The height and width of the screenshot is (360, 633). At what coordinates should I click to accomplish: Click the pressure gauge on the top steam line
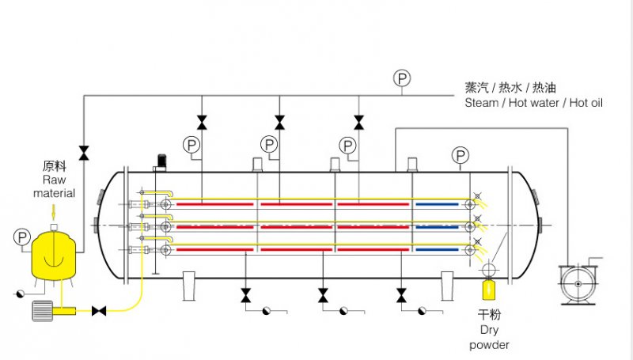pos(402,78)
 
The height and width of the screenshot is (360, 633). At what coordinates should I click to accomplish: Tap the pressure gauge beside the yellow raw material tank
pos(21,237)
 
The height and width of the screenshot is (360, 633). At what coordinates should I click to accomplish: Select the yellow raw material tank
pos(52,256)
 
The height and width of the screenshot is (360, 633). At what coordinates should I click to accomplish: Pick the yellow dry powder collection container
pos(489,290)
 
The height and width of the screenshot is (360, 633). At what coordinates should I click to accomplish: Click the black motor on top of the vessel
pos(161,161)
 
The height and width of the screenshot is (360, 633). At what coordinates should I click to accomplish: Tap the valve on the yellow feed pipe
pos(100,311)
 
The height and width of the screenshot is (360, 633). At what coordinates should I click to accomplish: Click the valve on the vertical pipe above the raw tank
pos(84,151)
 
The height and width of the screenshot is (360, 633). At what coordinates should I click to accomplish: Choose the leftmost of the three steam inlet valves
pos(202,122)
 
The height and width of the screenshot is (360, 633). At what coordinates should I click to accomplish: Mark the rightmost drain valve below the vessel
pos(402,295)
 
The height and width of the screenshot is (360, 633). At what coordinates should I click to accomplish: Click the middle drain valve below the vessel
pos(323,295)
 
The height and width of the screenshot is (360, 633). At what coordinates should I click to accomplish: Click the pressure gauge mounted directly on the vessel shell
pos(460,154)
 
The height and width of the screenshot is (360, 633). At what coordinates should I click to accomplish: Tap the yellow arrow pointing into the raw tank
pos(53,212)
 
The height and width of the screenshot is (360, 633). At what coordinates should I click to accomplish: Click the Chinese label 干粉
pos(489,316)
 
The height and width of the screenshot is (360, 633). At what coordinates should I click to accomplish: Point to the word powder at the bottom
pos(489,345)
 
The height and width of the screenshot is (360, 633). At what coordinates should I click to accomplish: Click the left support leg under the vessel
pos(190,286)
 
